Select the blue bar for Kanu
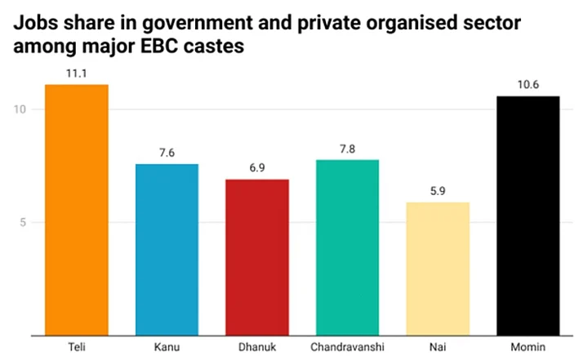coord(167,249)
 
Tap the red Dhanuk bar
coord(257,256)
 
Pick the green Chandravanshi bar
coord(347,247)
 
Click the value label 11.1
coord(77,73)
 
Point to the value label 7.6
coord(167,153)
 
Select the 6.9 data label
coord(257,168)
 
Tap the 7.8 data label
coord(347,148)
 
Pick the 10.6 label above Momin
coord(528,85)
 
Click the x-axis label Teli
coord(77,347)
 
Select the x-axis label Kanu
coord(167,347)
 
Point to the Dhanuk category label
coord(257,347)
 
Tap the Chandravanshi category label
coord(347,347)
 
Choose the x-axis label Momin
coord(528,347)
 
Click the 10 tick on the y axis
coord(21,109)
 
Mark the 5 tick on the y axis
coord(24,222)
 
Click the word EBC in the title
coord(188,46)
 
